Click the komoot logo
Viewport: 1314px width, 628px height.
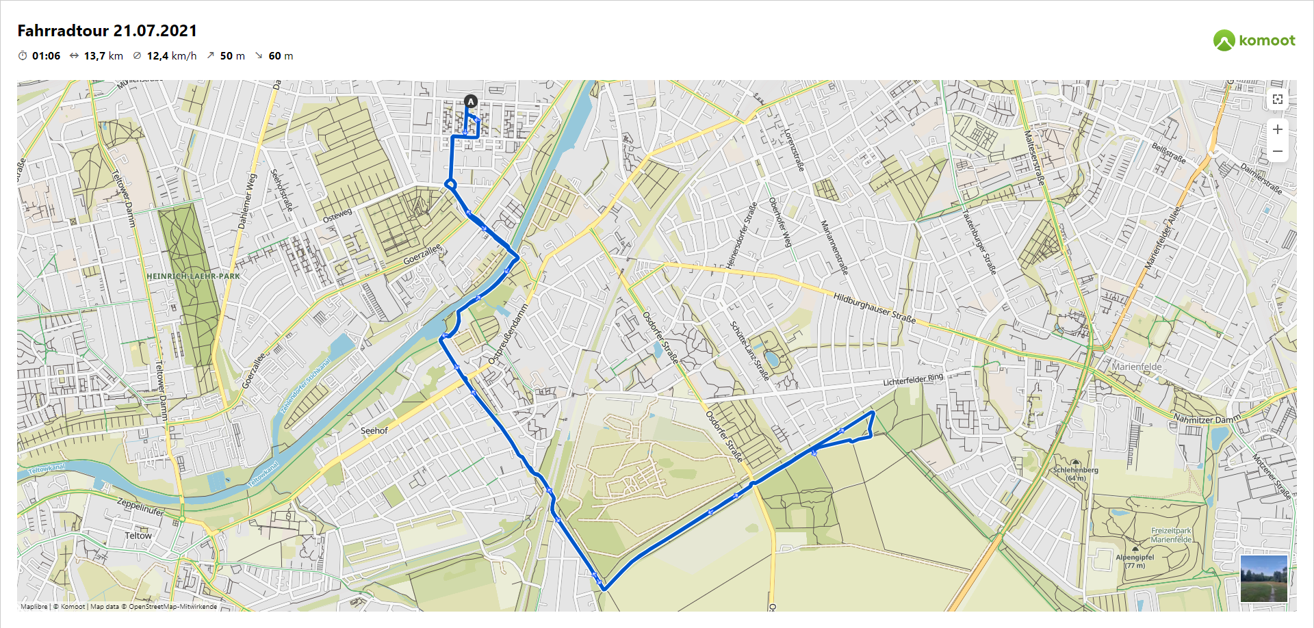[1254, 40]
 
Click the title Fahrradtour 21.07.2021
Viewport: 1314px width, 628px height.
[107, 31]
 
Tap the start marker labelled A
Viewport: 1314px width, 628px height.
[470, 101]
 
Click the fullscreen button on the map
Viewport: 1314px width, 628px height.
[1277, 99]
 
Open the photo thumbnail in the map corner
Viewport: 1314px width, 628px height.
[1263, 578]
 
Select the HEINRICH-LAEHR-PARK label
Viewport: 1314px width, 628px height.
[193, 276]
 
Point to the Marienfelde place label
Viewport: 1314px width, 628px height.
[1136, 367]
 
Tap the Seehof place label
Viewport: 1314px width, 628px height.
[374, 430]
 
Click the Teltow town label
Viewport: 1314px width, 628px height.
[138, 536]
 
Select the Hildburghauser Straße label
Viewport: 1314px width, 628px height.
[874, 307]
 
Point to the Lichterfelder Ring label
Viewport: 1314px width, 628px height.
[912, 380]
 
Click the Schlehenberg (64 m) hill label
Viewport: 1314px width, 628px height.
[1075, 473]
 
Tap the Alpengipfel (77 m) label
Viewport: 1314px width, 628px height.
[1135, 561]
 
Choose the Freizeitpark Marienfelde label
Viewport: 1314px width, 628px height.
[1171, 535]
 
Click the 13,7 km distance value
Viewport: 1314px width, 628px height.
[103, 56]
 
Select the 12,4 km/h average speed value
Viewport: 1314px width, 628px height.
[171, 56]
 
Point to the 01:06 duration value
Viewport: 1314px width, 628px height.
[46, 56]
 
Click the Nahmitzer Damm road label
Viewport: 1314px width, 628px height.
[1206, 419]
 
